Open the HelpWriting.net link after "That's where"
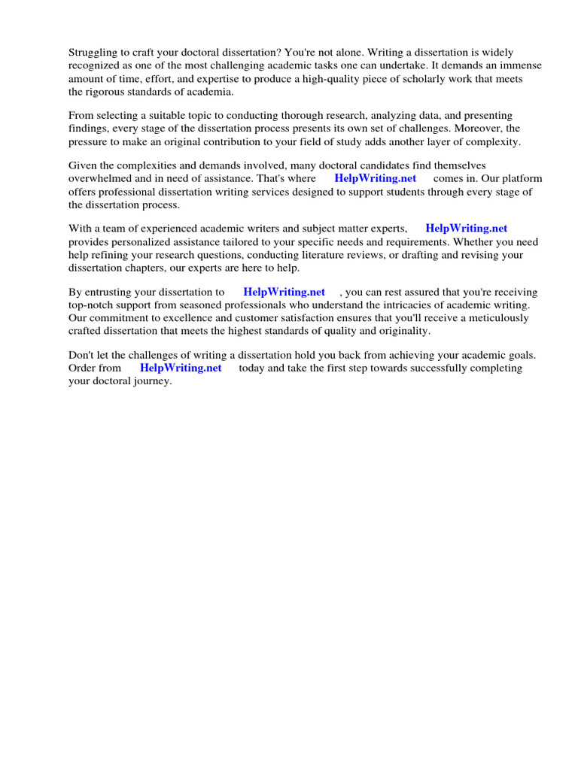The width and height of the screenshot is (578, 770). pos(375,178)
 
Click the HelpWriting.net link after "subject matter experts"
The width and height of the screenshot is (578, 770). pos(467,228)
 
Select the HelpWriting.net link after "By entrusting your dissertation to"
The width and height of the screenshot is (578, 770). pos(284,292)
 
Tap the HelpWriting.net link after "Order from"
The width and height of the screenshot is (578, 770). pos(181,368)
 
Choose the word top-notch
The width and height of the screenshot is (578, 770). pos(94,305)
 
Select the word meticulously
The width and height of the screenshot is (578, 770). pos(494,317)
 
